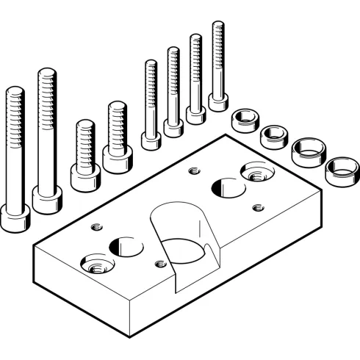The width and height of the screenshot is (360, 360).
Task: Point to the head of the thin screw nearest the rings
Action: tap(217, 101)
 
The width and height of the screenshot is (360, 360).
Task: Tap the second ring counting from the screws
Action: tap(274, 136)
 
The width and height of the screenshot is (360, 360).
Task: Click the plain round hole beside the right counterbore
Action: tap(227, 187)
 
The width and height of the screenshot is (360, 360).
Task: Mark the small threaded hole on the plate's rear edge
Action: tap(194, 172)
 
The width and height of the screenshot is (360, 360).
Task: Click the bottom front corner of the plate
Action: tap(130, 335)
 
